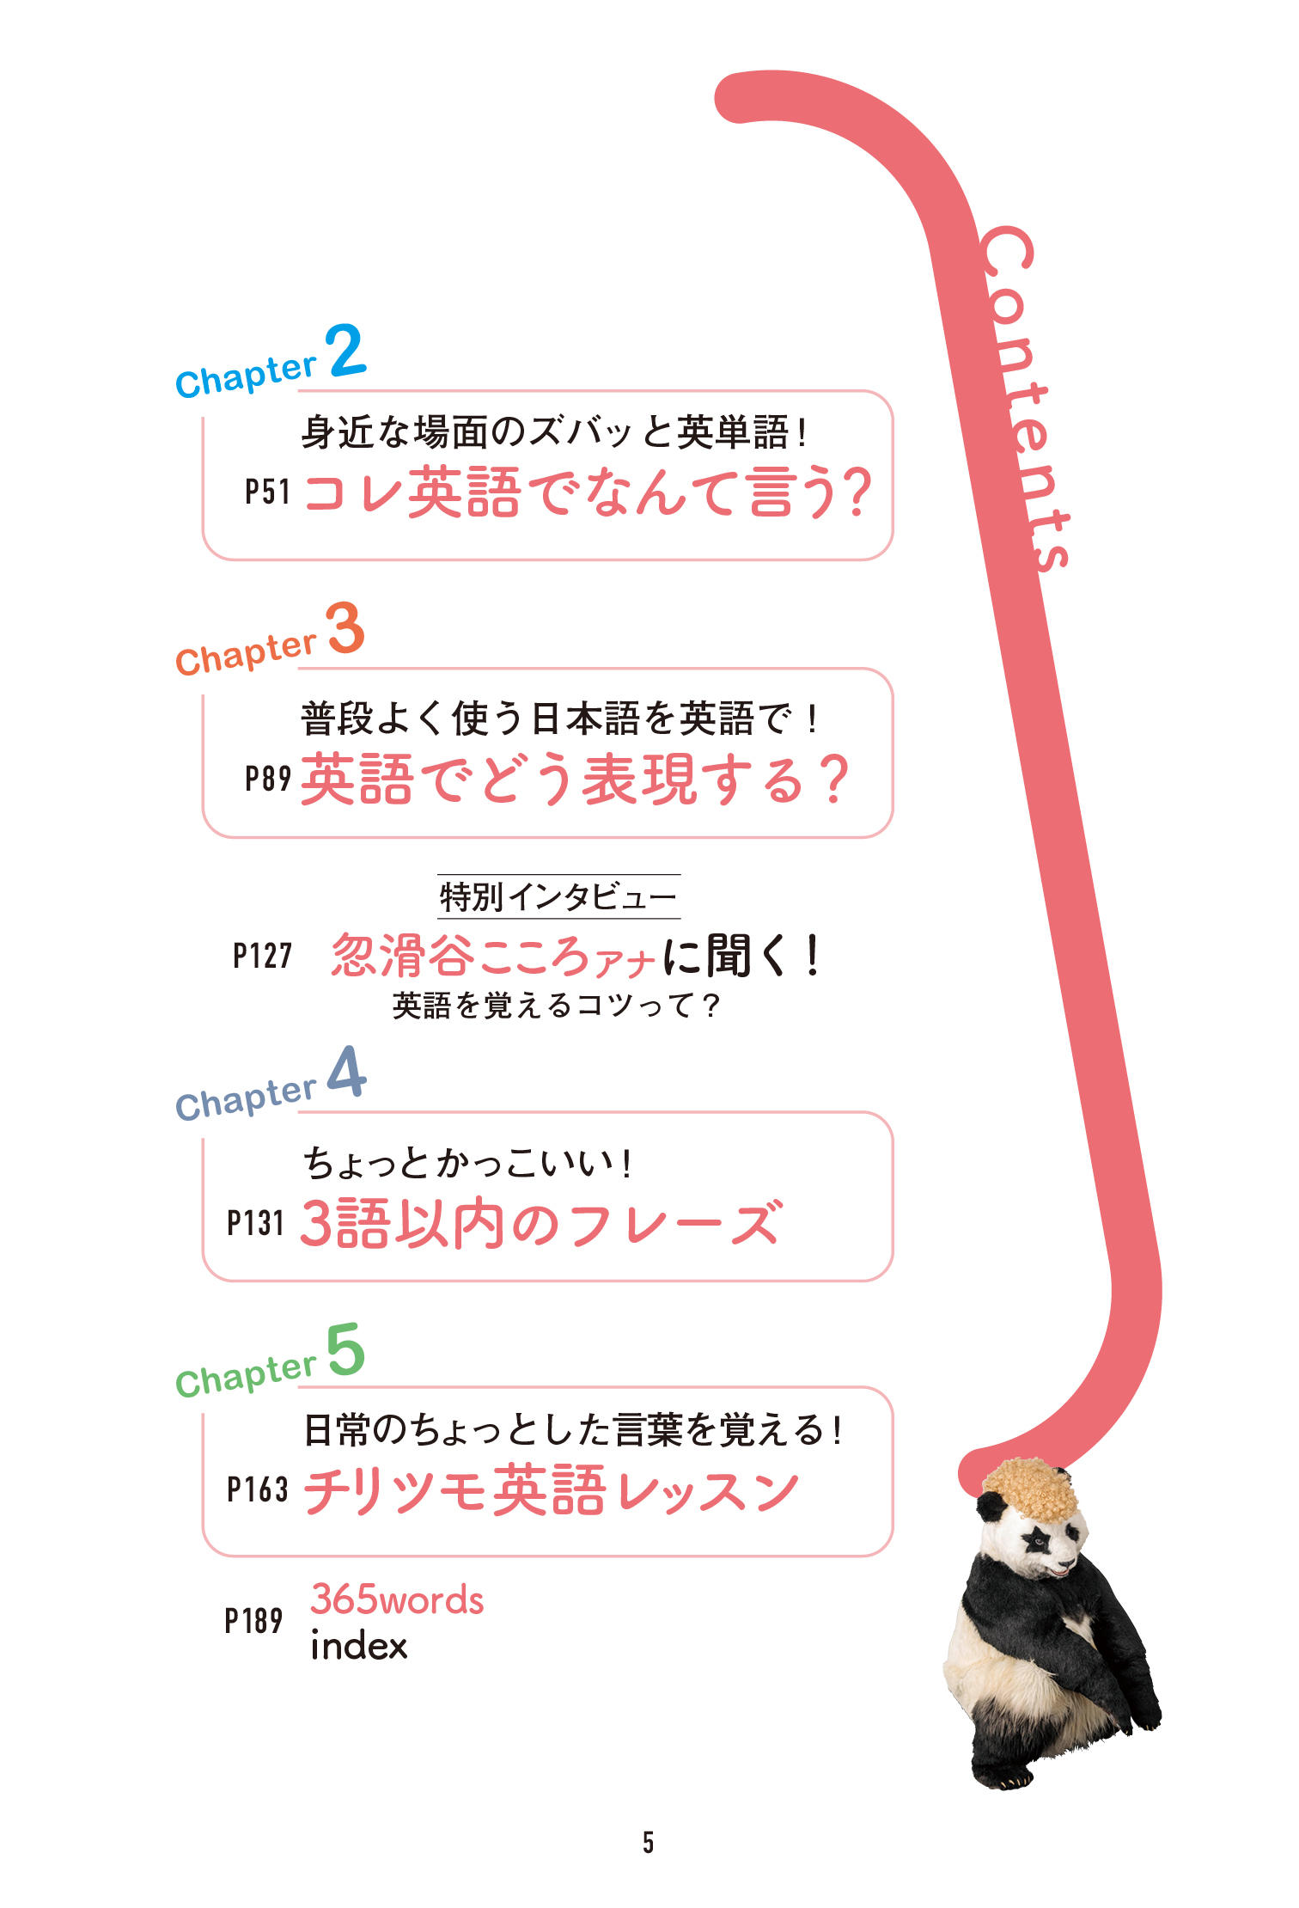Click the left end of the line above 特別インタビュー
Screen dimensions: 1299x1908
(x=438, y=874)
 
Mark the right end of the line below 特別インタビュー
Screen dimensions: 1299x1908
(x=680, y=919)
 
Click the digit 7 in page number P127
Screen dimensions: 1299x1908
(x=284, y=956)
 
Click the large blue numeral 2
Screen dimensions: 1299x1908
(x=345, y=351)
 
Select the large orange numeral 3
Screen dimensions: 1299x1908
(x=345, y=627)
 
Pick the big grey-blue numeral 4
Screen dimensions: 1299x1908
(x=347, y=1072)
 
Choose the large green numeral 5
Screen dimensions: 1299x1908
(x=345, y=1348)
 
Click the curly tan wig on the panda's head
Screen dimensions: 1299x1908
(x=1031, y=1489)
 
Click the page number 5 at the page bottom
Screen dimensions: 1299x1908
(x=649, y=1842)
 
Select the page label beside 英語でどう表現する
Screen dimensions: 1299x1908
(x=268, y=779)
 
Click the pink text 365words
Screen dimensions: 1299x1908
(x=397, y=1599)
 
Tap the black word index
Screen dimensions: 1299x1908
(x=359, y=1646)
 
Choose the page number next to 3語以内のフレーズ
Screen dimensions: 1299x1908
(x=255, y=1223)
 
